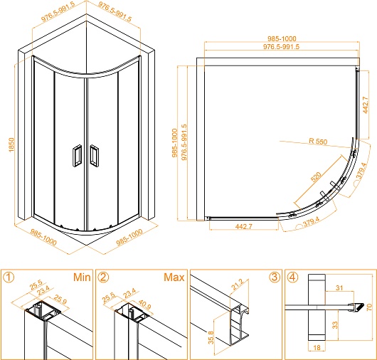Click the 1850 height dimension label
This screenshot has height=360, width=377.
pyautogui.click(x=11, y=144)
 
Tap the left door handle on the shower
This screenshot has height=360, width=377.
pyautogui.click(x=77, y=156)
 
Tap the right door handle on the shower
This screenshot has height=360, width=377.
pyautogui.click(x=94, y=156)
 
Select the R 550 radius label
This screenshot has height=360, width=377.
pyautogui.click(x=318, y=141)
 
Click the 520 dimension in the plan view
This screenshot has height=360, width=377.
pyautogui.click(x=316, y=176)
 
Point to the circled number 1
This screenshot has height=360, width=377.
pyautogui.click(x=9, y=277)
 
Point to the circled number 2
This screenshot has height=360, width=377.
pyautogui.click(x=103, y=277)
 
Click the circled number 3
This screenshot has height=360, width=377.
pyautogui.click(x=275, y=277)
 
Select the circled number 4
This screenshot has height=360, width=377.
pyautogui.click(x=292, y=277)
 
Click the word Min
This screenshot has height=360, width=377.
pyautogui.click(x=82, y=277)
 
